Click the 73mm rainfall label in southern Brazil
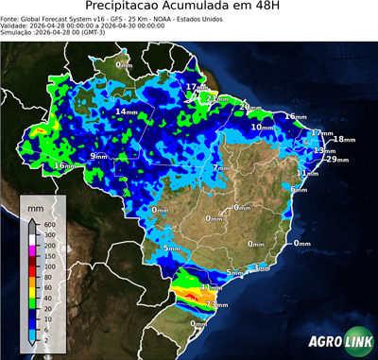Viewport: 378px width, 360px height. [216, 305]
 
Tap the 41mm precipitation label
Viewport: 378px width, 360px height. [211, 285]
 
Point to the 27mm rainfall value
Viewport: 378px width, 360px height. [219, 97]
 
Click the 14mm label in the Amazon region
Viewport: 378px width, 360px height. [126, 111]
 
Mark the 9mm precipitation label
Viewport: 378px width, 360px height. [99, 155]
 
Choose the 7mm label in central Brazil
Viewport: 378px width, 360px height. [219, 167]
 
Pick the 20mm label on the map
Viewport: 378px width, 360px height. [247, 107]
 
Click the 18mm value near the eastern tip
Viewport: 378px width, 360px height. [343, 140]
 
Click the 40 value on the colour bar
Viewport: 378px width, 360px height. [46, 288]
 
